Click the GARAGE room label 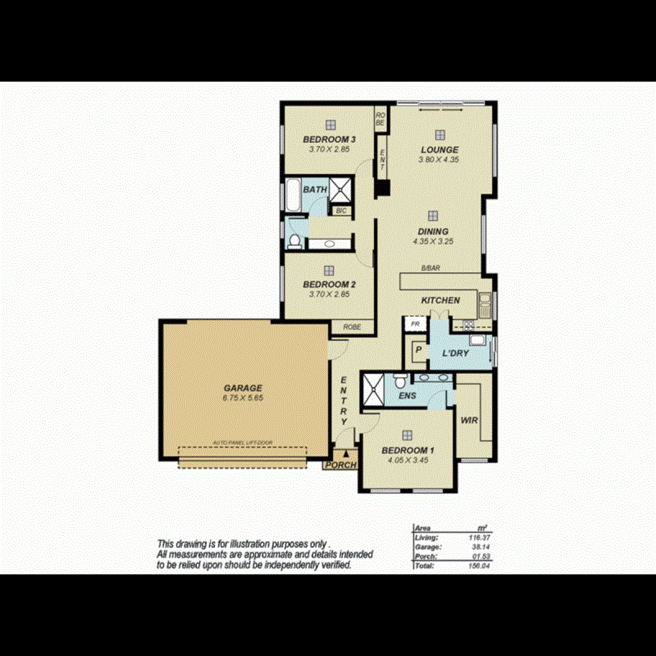coord(243,388)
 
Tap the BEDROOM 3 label coord(329,139)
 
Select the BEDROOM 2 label coord(329,284)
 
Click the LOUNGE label coord(440,150)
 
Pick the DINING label coord(433,231)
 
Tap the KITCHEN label coord(441,300)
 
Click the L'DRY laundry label coord(456,354)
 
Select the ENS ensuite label coord(407,396)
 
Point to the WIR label coord(468,420)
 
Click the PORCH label coord(340,465)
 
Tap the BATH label coord(315,190)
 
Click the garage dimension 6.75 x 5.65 coord(243,399)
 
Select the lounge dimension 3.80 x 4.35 coord(440,160)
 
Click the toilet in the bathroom coord(294,241)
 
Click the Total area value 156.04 coord(476,565)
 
